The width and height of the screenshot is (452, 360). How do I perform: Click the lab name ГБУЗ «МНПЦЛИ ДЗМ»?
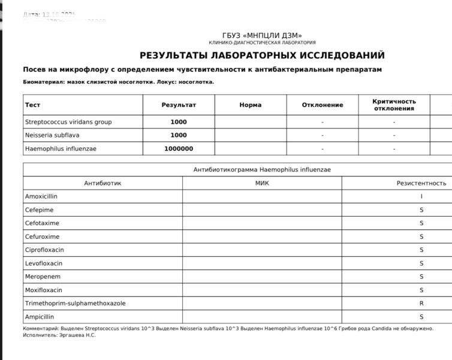[262, 35]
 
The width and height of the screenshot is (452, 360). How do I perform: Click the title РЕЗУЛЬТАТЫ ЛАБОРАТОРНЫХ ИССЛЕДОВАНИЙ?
[262, 56]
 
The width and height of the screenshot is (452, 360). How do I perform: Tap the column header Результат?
[179, 105]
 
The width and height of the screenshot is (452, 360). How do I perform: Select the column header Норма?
[250, 105]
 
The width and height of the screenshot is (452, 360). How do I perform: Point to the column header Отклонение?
[323, 105]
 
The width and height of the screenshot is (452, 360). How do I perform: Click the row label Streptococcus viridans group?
[68, 122]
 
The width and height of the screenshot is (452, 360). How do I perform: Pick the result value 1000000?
[179, 149]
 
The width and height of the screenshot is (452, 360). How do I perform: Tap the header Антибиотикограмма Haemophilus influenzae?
[262, 170]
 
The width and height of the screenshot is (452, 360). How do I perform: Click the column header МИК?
[262, 183]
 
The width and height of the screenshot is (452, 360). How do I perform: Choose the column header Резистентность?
[421, 183]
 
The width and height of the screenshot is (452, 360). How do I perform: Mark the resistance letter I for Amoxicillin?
[421, 196]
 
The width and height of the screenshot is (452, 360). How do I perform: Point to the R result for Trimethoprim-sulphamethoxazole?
[421, 304]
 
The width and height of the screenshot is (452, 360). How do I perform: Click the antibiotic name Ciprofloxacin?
[44, 250]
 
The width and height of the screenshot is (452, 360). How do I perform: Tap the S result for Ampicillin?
[421, 317]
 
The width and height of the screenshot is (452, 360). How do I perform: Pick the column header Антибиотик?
[103, 183]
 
